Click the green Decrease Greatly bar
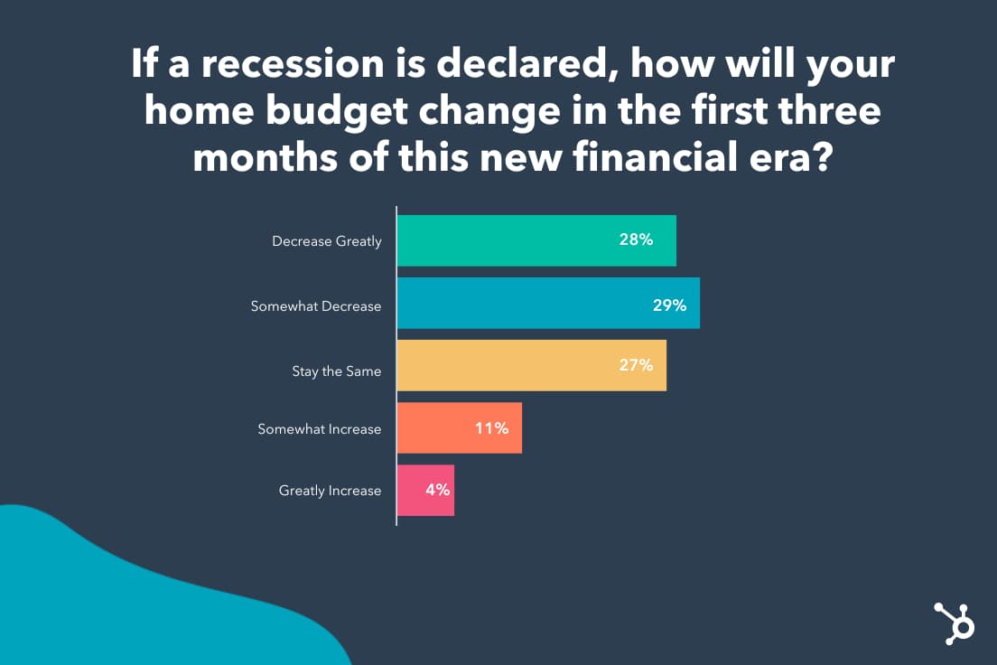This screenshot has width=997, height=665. click(536, 240)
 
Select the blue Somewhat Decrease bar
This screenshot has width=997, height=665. click(548, 303)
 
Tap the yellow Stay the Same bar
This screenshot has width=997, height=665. click(532, 365)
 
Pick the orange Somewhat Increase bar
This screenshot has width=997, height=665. click(460, 427)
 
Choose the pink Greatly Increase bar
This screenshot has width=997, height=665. click(425, 490)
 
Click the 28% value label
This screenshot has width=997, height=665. click(636, 239)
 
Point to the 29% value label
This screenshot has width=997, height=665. click(669, 305)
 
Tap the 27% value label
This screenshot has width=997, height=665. click(636, 365)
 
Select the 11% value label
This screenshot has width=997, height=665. click(491, 428)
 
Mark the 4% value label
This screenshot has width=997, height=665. click(437, 490)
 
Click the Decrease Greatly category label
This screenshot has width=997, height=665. click(327, 241)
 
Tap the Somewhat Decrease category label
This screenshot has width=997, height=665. click(316, 306)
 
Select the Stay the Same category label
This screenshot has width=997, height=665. click(336, 371)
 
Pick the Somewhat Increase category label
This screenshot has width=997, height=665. click(319, 429)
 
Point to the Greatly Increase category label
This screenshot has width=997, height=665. click(330, 491)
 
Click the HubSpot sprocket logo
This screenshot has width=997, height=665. click(954, 623)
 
